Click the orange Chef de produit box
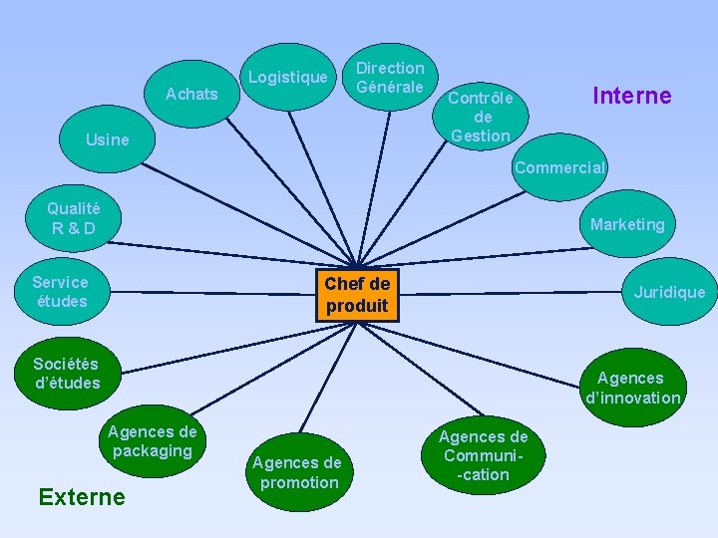(357, 294)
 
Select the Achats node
(191, 94)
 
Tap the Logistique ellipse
(287, 77)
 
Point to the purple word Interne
(631, 96)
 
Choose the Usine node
(108, 139)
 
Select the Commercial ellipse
(559, 167)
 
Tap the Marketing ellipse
(626, 224)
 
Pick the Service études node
(60, 291)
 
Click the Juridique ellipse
(669, 292)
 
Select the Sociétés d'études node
(66, 373)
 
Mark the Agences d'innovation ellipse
(632, 388)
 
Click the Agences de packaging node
(152, 441)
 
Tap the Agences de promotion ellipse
(296, 472)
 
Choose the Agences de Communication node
(484, 455)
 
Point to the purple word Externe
(81, 496)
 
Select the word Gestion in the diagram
(481, 135)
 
